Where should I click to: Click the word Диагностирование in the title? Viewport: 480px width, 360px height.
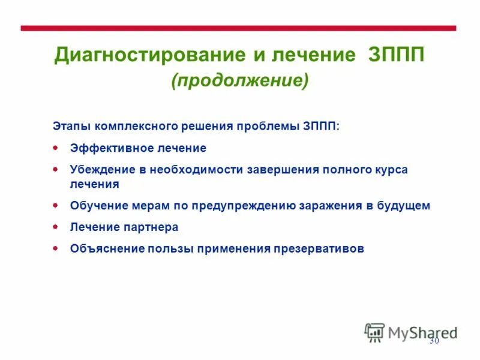(x=149, y=55)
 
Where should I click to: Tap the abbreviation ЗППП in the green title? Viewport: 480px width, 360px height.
(x=395, y=55)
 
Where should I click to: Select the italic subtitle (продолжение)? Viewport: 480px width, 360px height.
(x=240, y=80)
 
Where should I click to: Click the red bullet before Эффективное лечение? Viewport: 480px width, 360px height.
(x=56, y=147)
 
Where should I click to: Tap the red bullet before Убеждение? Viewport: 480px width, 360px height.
(x=56, y=169)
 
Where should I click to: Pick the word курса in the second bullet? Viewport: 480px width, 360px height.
(x=392, y=170)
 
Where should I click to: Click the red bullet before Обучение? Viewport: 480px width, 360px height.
(x=56, y=205)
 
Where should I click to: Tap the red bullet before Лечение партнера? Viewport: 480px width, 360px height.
(x=56, y=227)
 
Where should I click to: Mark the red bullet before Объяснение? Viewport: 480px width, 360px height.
(x=56, y=248)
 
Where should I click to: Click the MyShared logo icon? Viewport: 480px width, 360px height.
(x=375, y=332)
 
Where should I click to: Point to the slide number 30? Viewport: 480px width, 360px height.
(x=435, y=341)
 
